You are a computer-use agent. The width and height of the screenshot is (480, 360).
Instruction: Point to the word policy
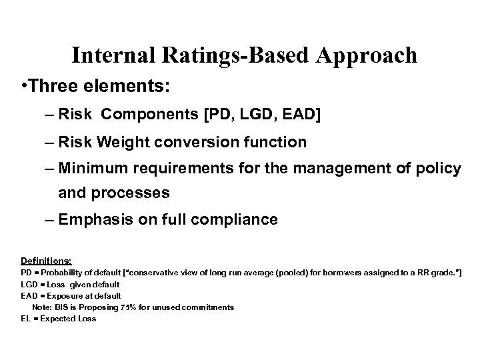(x=437, y=169)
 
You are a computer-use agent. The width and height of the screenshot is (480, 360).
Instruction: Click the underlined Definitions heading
(x=46, y=261)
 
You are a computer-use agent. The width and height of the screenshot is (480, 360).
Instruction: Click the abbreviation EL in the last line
(x=25, y=319)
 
